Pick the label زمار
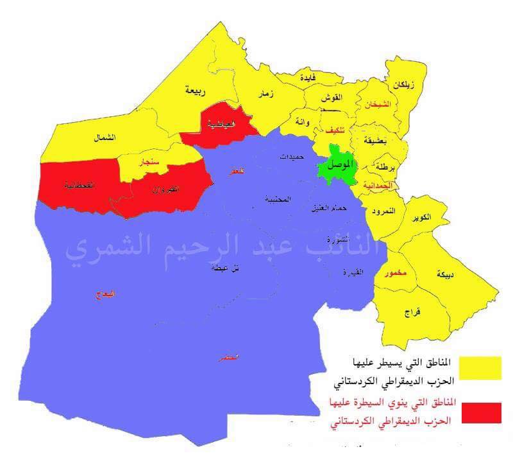[266, 94]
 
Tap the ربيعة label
[196, 91]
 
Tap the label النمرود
[383, 211]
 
